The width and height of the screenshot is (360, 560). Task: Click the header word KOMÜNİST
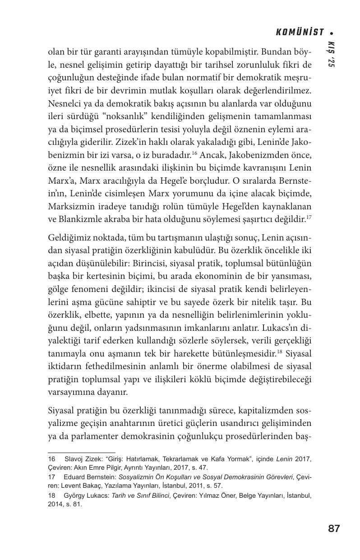click(x=300, y=32)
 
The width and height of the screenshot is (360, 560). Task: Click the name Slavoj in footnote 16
click(x=74, y=459)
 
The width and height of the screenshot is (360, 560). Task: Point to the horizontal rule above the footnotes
click(x=82, y=452)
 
